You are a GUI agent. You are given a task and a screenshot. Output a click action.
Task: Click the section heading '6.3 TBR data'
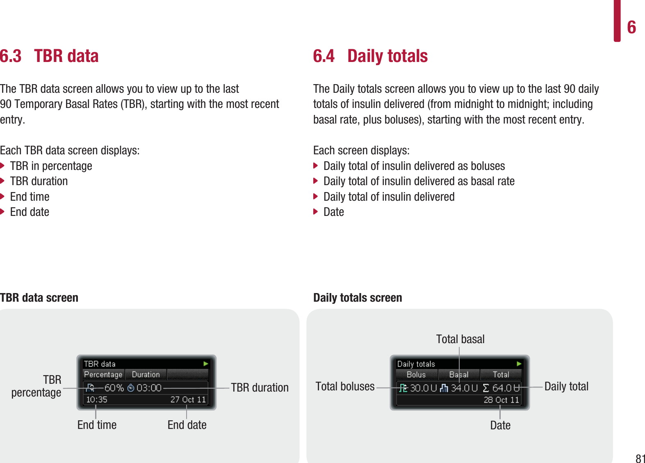(x=49, y=56)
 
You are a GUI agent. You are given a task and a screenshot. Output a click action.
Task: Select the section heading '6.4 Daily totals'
(x=370, y=56)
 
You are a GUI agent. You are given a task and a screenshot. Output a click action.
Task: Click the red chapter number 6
(x=631, y=28)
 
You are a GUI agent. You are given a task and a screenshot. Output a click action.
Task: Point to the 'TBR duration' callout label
(x=260, y=387)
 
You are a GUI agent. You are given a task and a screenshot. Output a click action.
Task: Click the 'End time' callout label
(x=97, y=425)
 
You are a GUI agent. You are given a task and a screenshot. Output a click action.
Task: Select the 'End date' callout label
(x=187, y=425)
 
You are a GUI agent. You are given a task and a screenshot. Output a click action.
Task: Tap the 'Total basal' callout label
(x=460, y=339)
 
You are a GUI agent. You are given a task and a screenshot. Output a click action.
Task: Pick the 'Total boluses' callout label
(x=345, y=386)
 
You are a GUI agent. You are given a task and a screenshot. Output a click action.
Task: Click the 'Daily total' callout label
(x=566, y=386)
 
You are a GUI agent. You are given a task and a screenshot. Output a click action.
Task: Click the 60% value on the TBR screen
(x=114, y=388)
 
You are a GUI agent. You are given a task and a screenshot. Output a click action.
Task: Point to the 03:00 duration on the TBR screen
(x=149, y=388)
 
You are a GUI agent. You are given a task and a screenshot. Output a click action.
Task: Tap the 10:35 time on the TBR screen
(x=97, y=399)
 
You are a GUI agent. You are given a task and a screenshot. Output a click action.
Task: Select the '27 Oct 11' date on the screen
(x=188, y=399)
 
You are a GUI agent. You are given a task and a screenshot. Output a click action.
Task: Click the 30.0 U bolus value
(x=424, y=388)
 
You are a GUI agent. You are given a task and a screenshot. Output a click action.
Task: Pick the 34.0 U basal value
(x=465, y=388)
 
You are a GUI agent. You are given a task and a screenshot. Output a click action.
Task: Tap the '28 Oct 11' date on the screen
(x=501, y=400)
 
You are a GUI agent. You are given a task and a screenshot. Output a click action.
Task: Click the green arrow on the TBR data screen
(x=205, y=364)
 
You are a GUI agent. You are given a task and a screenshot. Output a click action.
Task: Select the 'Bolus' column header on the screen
(x=416, y=374)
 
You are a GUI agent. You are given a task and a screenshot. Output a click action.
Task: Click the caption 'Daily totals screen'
(x=358, y=298)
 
